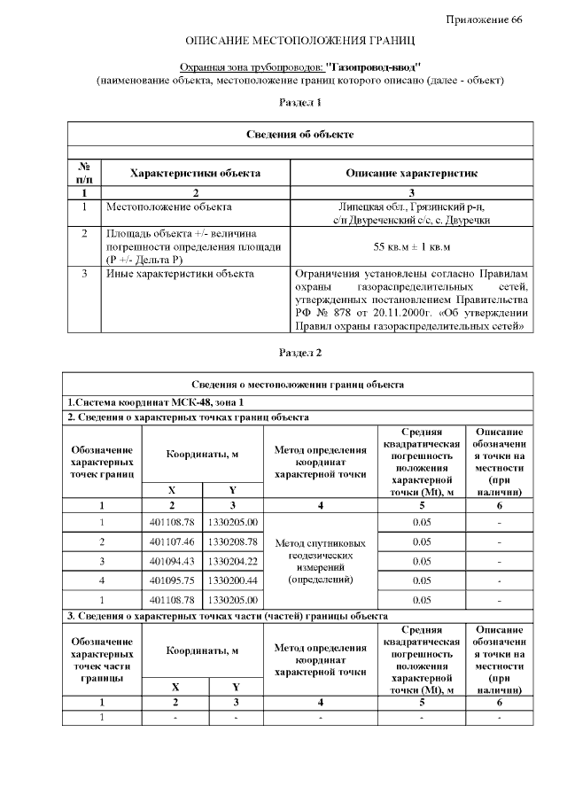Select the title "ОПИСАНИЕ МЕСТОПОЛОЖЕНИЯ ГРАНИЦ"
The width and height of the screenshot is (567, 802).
click(299, 42)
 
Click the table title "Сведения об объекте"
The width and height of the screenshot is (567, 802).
click(299, 135)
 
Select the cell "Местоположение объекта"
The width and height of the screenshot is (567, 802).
click(168, 206)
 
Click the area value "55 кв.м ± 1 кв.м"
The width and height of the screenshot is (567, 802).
click(411, 245)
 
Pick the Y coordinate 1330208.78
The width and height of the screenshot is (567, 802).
click(232, 541)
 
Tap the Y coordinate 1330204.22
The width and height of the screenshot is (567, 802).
click(232, 561)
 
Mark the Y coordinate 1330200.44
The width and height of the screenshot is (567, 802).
click(232, 580)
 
